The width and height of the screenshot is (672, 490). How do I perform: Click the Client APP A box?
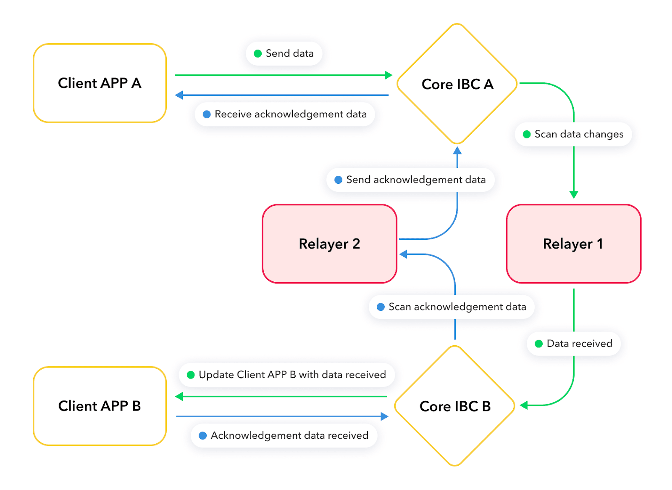(100, 83)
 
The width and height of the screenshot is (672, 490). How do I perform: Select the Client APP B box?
(100, 406)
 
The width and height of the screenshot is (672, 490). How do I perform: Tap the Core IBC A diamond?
(457, 84)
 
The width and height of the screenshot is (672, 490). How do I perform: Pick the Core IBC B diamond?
(455, 406)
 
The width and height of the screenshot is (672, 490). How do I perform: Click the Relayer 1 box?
(573, 244)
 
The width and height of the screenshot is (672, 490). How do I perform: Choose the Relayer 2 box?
(329, 244)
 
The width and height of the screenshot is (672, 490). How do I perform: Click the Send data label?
(284, 53)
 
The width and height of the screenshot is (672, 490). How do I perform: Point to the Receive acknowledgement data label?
(285, 114)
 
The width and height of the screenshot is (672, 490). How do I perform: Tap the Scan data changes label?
(573, 134)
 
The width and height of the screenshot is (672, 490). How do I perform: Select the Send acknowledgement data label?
(410, 180)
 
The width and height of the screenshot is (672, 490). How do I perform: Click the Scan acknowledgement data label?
(451, 307)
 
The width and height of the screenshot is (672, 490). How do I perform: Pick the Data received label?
(574, 344)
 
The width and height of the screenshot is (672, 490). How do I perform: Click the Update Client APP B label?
(287, 375)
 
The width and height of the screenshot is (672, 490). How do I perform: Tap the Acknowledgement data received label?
(284, 436)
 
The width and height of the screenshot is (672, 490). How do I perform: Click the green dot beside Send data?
(258, 54)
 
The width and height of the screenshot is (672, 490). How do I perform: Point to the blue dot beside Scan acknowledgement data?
(381, 307)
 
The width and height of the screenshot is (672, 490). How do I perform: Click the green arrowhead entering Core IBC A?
(388, 75)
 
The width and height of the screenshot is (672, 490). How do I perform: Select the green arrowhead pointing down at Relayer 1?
(574, 195)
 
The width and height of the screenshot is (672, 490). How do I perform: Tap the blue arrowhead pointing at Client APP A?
(179, 95)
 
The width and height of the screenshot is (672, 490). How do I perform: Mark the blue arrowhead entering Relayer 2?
(403, 254)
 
